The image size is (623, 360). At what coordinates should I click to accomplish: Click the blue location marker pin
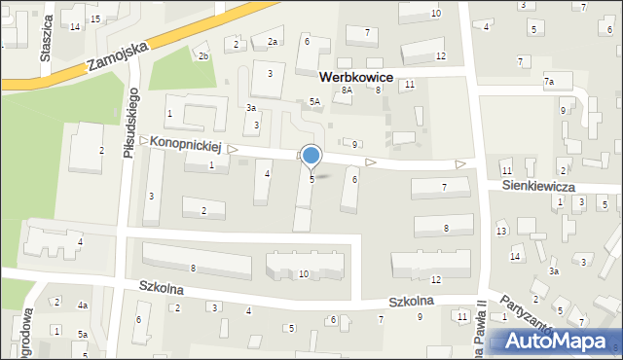pyautogui.click(x=311, y=157)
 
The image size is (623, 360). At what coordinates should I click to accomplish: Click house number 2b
pyautogui.click(x=203, y=56)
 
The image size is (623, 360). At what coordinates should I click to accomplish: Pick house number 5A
pyautogui.click(x=314, y=101)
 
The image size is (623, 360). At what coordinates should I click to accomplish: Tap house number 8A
pyautogui.click(x=346, y=90)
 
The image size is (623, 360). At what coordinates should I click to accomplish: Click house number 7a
pyautogui.click(x=549, y=82)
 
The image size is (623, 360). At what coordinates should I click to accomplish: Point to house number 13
pyautogui.click(x=501, y=231)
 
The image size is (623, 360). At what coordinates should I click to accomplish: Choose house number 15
pyautogui.click(x=94, y=18)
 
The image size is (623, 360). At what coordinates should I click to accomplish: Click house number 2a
pyautogui.click(x=274, y=42)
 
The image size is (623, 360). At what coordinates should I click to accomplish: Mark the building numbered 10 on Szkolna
pyautogui.click(x=304, y=274)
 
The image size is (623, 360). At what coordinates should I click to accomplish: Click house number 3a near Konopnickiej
pyautogui.click(x=251, y=107)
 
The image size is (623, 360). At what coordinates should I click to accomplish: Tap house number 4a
pyautogui.click(x=83, y=306)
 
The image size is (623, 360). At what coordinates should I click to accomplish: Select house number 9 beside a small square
pyautogui.click(x=354, y=145)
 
